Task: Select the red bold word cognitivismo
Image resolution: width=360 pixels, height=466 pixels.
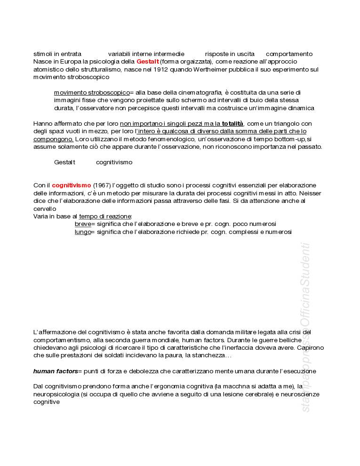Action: pos(71,185)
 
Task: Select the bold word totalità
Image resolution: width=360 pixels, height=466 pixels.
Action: pos(232,124)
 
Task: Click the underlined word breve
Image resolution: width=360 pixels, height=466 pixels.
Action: pos(82,224)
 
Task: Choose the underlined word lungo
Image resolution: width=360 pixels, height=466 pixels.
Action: pos(82,232)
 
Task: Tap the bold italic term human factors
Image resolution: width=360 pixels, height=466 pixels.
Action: pos(55,371)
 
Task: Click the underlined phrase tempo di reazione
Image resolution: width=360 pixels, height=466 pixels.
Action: pos(105,217)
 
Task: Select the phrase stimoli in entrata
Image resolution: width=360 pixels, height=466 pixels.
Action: pos(57,54)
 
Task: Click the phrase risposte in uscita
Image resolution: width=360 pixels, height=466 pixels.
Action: pos(230,54)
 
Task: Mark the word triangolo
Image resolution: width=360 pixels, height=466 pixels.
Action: pos(280,124)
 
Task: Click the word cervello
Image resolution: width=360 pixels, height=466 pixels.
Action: pos(45,209)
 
